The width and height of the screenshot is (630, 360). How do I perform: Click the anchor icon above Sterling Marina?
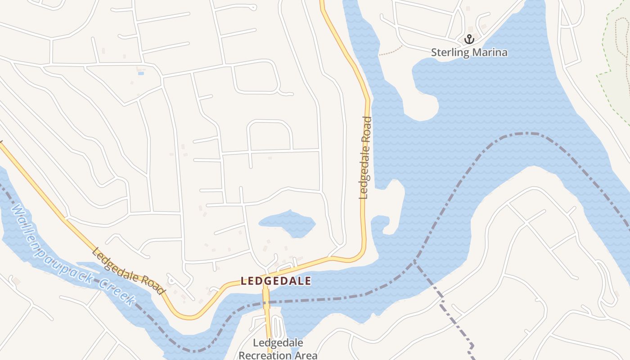[x=469, y=39]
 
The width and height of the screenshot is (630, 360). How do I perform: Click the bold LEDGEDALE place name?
[x=276, y=281]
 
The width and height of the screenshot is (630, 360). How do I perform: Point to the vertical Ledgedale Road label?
[x=365, y=157]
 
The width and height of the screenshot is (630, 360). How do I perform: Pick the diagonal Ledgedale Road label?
[x=128, y=271]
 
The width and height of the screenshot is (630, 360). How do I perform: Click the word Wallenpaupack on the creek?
[x=52, y=243]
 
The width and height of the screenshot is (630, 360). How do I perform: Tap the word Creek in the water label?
[x=118, y=292]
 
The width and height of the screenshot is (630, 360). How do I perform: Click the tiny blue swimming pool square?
[x=141, y=73]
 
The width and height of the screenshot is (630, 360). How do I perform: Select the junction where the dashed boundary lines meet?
[x=414, y=261]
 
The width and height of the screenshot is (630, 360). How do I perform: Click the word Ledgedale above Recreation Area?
[x=278, y=343]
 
